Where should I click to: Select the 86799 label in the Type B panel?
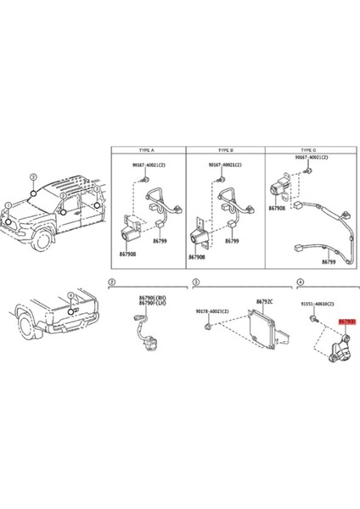click(232, 242)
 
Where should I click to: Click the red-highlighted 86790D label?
click(346, 322)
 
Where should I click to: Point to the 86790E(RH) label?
click(151, 298)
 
